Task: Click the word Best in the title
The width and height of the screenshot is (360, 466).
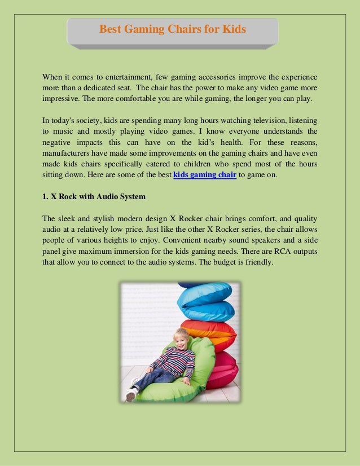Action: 111,29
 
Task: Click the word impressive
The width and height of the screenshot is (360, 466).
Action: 60,98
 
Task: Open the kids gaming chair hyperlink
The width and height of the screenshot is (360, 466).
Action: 204,175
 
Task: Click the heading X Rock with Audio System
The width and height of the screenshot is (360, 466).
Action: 94,197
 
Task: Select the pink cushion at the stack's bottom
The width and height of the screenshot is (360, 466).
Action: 223,369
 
